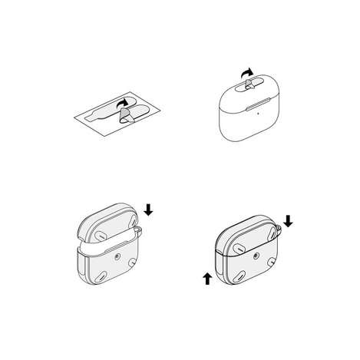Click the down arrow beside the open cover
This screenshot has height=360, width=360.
point(148,209)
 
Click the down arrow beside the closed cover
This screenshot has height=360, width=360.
point(289,221)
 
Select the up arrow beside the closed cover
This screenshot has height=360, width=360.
point(206,277)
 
